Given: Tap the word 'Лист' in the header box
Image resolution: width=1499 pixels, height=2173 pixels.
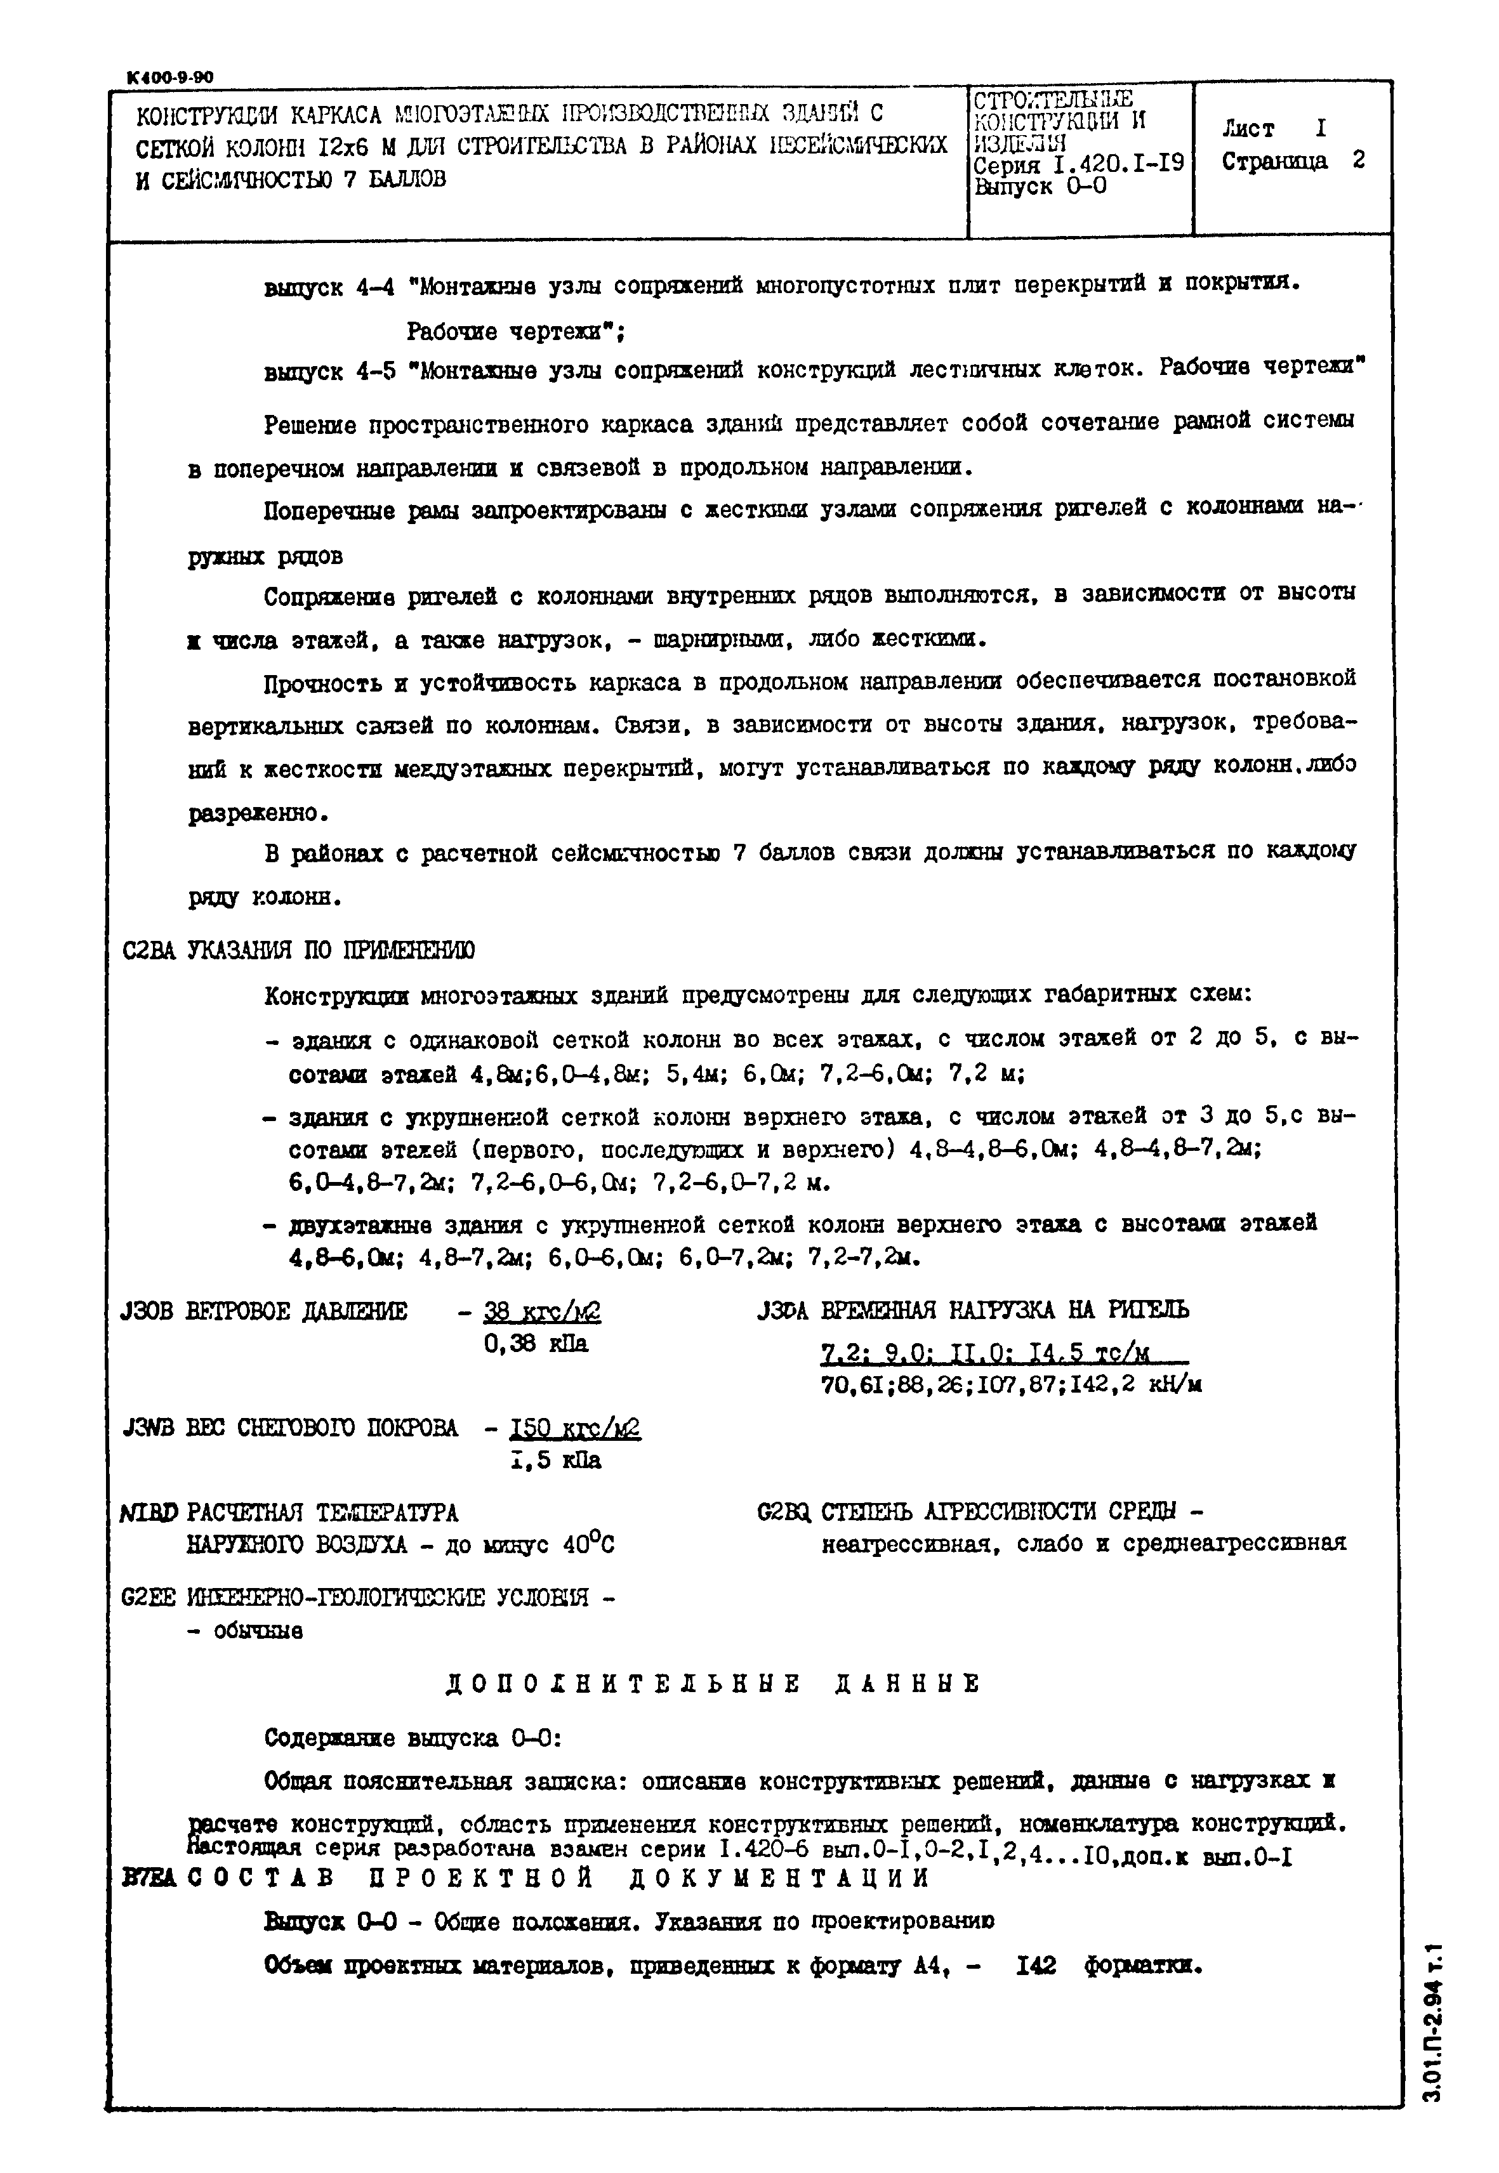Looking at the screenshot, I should [x=1248, y=129].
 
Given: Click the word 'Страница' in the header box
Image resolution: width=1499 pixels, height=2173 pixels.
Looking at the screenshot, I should [x=1274, y=162].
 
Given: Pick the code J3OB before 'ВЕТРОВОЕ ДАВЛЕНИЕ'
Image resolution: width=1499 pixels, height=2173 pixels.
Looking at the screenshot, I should [x=147, y=1311].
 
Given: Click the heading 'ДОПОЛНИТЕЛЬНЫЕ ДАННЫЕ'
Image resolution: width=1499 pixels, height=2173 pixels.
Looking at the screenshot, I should [x=712, y=1684].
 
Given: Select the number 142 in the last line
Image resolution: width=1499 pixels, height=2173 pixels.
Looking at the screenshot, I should [x=1036, y=1966].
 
